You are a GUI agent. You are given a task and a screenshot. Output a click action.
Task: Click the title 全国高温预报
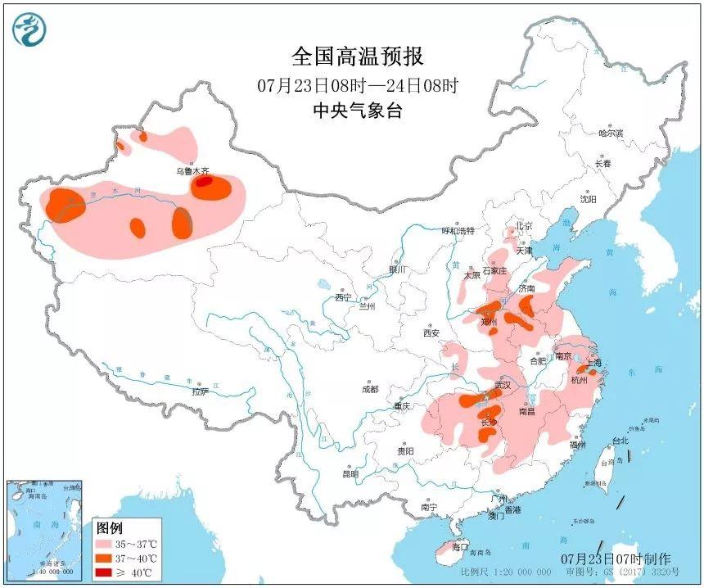358,57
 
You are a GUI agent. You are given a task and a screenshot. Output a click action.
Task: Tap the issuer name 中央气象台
358,111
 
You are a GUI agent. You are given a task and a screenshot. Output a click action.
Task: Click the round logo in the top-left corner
29,29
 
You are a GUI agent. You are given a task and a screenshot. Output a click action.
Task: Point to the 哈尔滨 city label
610,133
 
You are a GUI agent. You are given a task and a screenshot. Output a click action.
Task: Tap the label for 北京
523,226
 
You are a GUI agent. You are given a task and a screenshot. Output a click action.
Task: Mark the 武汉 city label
502,385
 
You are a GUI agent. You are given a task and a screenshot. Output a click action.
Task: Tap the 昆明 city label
350,473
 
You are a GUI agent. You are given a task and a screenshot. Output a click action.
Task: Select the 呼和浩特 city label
458,232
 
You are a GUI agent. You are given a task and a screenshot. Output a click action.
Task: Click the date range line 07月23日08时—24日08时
358,85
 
